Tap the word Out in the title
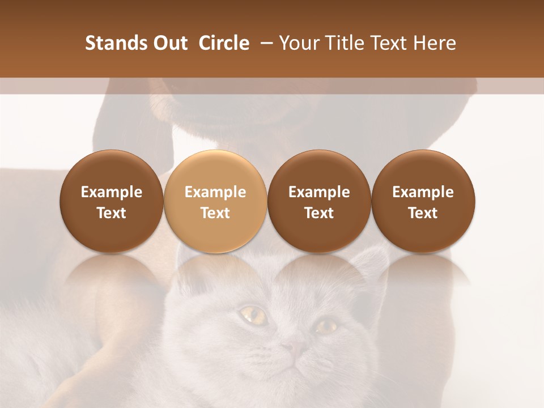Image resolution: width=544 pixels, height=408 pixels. point(169,43)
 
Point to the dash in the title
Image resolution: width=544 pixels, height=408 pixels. point(263,43)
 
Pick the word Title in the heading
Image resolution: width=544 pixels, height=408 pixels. point(346,43)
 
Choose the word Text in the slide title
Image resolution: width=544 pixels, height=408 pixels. point(394,43)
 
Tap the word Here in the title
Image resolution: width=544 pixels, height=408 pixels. point(435,43)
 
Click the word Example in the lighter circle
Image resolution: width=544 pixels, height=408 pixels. point(215,192)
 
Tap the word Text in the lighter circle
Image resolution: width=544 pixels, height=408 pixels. point(215,213)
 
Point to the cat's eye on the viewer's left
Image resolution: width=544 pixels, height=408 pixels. point(254,314)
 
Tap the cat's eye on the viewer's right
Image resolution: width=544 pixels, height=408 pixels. point(326,326)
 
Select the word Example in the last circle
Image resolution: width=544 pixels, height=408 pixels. point(423,192)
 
